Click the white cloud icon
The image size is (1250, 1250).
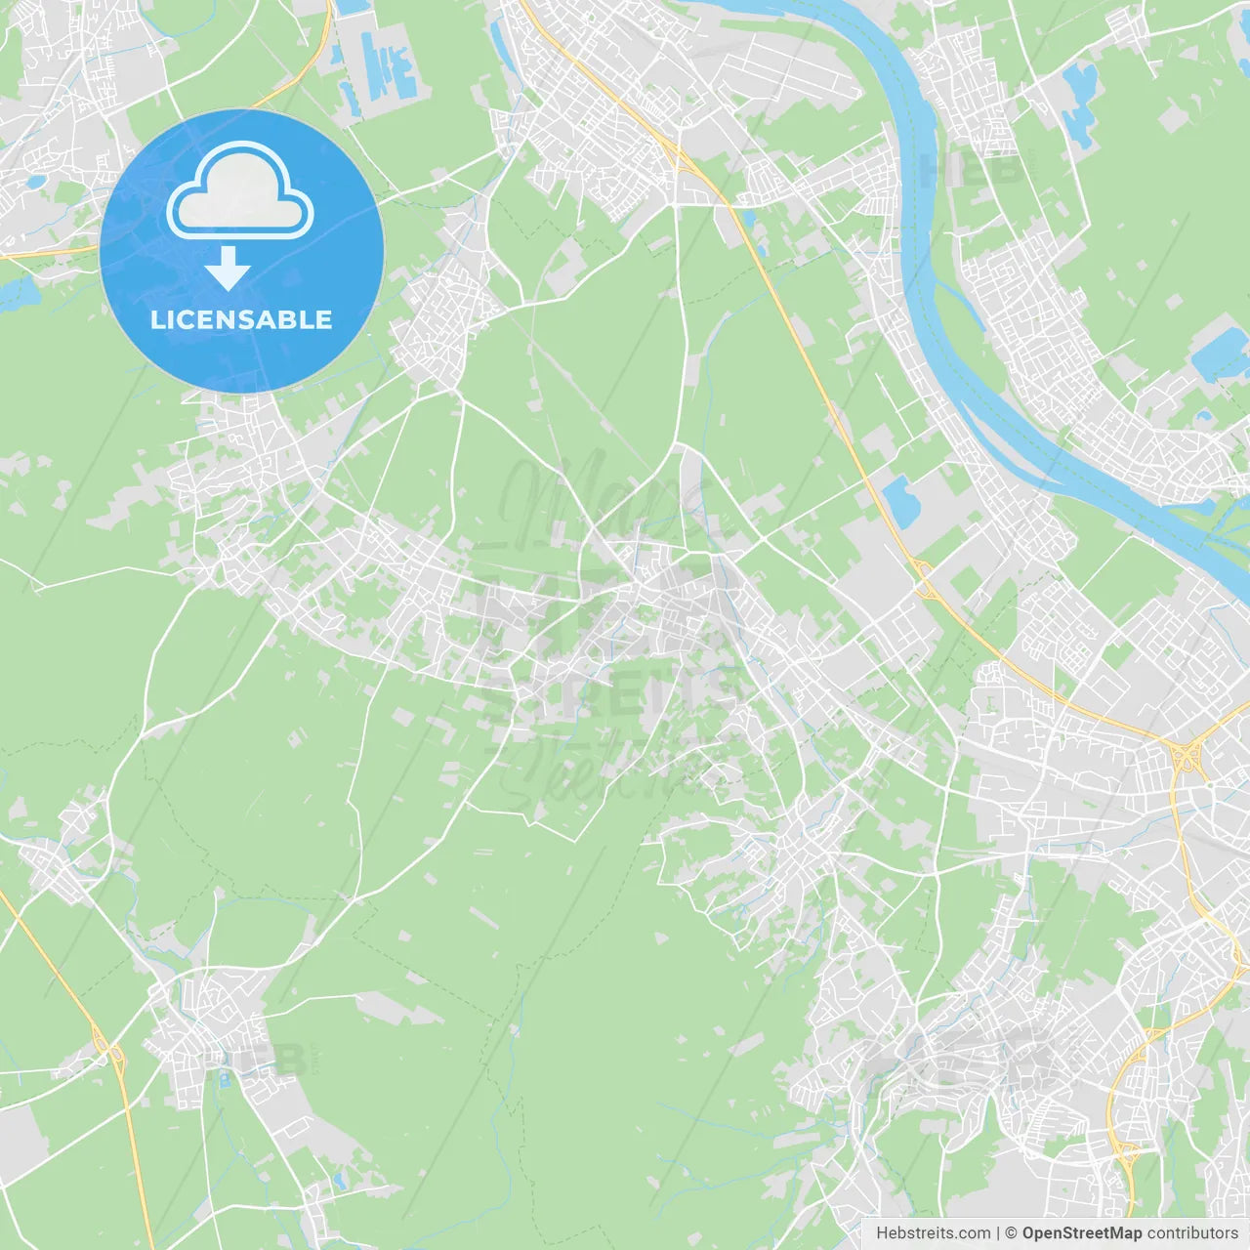240,190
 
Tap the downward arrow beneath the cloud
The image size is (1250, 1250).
228,269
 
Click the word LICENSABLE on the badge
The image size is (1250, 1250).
241,319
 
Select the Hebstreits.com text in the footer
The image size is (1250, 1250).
933,1233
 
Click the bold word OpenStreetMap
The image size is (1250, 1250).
1082,1233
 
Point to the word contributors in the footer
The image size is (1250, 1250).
1192,1233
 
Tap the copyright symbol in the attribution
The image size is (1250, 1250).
1011,1233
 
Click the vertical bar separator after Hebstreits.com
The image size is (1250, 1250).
998,1233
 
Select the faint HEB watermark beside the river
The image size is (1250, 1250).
972,168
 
